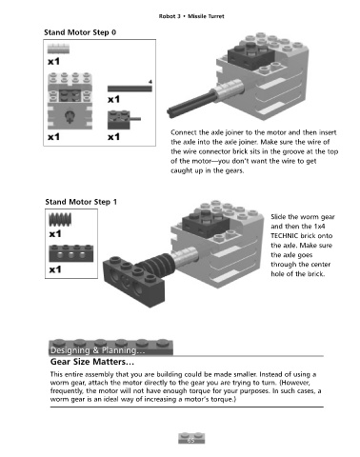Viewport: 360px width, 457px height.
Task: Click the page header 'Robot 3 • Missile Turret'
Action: [x=191, y=16]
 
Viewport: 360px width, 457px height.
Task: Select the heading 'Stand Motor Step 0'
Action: [x=80, y=32]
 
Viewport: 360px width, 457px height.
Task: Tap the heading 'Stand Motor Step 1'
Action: [x=81, y=202]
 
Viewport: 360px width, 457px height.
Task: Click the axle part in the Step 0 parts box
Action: [x=130, y=89]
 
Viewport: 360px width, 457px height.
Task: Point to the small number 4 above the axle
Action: [x=150, y=82]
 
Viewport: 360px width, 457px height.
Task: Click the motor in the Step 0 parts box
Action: [x=70, y=101]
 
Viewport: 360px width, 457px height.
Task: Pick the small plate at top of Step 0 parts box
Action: [x=58, y=49]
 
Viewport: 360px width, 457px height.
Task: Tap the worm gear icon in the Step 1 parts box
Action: [x=60, y=219]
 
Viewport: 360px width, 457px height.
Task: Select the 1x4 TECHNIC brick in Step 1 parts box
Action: [x=71, y=253]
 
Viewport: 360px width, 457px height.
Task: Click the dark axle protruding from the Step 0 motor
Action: [x=190, y=103]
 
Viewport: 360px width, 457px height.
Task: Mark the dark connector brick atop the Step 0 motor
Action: [x=251, y=56]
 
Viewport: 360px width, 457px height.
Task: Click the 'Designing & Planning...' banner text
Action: [x=97, y=350]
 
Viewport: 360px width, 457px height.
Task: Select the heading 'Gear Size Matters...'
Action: [x=92, y=362]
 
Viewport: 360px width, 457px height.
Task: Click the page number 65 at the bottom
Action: [x=191, y=440]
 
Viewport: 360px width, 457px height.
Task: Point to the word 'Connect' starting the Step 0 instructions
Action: [x=184, y=132]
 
